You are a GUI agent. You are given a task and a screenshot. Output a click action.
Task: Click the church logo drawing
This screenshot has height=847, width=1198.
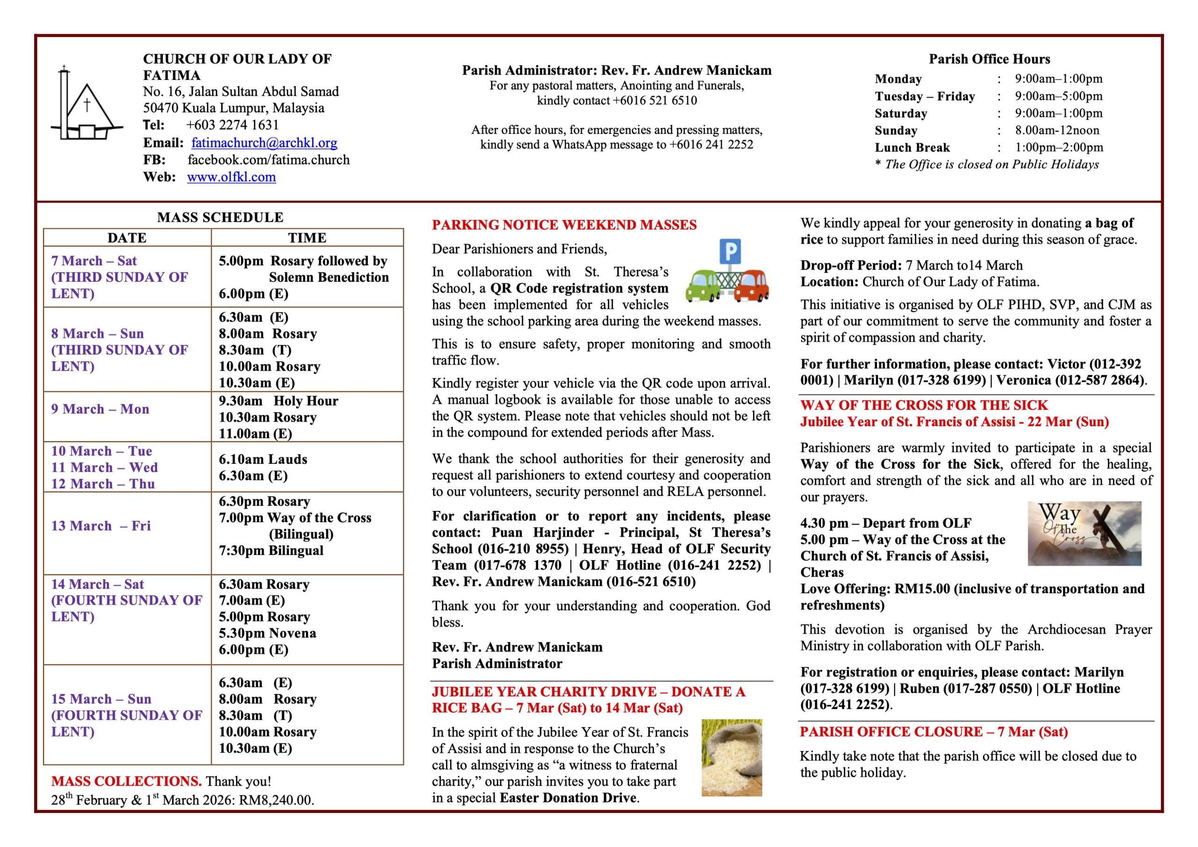[86, 105]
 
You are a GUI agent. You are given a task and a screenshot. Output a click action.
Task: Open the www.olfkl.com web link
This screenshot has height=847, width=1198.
[231, 177]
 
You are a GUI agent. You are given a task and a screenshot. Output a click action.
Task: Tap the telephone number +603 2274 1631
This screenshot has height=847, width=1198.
[232, 125]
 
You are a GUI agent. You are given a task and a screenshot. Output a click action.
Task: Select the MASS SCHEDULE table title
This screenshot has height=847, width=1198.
[220, 218]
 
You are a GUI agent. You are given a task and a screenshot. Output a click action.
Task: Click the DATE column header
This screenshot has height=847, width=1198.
[127, 238]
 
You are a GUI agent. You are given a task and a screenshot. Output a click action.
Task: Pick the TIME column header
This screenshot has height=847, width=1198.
[307, 238]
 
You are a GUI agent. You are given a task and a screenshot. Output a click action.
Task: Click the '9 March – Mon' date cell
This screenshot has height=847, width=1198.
[100, 409]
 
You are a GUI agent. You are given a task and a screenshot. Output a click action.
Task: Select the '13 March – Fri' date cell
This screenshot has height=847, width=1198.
[101, 526]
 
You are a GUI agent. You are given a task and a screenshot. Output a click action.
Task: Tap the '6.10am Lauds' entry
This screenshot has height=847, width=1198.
[263, 459]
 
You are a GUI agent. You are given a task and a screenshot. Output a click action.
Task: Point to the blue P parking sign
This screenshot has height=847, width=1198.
[730, 252]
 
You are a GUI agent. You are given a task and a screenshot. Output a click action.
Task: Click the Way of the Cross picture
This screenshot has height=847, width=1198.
[1084, 533]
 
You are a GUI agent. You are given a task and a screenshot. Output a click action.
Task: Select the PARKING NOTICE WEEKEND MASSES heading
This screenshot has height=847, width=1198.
[564, 225]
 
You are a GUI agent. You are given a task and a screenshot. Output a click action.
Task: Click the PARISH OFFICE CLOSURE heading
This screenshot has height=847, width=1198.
[934, 732]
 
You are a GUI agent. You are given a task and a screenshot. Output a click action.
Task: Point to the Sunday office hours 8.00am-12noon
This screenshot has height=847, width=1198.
[1057, 131]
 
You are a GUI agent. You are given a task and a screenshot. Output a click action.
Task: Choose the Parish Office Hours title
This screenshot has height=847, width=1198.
[989, 59]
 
